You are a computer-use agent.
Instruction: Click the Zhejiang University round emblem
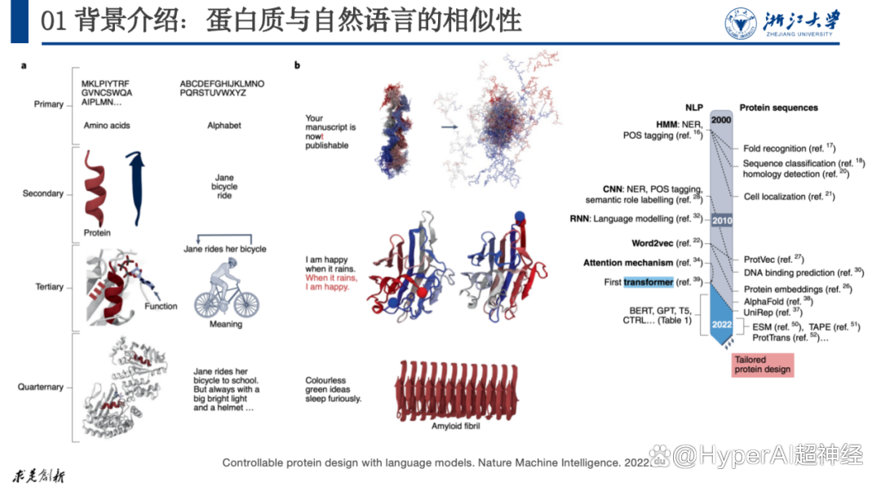[x=741, y=24]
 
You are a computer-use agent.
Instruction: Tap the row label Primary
[x=48, y=104]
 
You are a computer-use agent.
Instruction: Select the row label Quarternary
[x=41, y=387]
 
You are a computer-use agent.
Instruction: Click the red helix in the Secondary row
[x=95, y=188]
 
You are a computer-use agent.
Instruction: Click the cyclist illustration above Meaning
[x=227, y=290]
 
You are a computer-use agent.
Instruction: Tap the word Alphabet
[x=224, y=126]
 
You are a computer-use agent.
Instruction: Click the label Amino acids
[x=107, y=126]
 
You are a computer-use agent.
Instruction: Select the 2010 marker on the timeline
[x=722, y=220]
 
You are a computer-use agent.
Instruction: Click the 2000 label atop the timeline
[x=721, y=120]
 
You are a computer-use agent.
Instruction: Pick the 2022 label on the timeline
[x=722, y=325]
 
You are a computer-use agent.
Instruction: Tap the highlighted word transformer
[x=649, y=282]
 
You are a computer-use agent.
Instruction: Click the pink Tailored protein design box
[x=763, y=365]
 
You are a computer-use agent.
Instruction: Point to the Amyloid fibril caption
[x=456, y=427]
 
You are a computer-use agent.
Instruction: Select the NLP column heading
[x=694, y=108]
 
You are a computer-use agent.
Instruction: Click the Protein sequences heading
[x=779, y=108]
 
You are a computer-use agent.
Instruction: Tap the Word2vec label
[x=653, y=243]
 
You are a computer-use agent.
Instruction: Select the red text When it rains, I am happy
[x=331, y=282]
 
